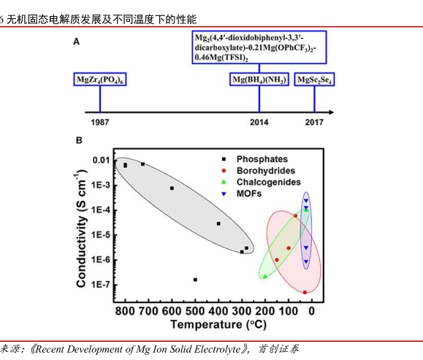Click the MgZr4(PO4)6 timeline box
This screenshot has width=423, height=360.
click(101, 79)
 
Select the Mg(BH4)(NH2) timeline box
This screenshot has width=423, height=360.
click(259, 79)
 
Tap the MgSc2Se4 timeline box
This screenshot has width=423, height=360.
click(314, 79)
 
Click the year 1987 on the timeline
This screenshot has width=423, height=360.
click(100, 123)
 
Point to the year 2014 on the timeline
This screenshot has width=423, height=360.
click(259, 123)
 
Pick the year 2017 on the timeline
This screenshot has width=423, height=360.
click(314, 123)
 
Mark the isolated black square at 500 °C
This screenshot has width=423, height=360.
click(195, 280)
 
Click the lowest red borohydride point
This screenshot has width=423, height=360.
click(305, 292)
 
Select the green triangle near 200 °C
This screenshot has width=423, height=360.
click(264, 276)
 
